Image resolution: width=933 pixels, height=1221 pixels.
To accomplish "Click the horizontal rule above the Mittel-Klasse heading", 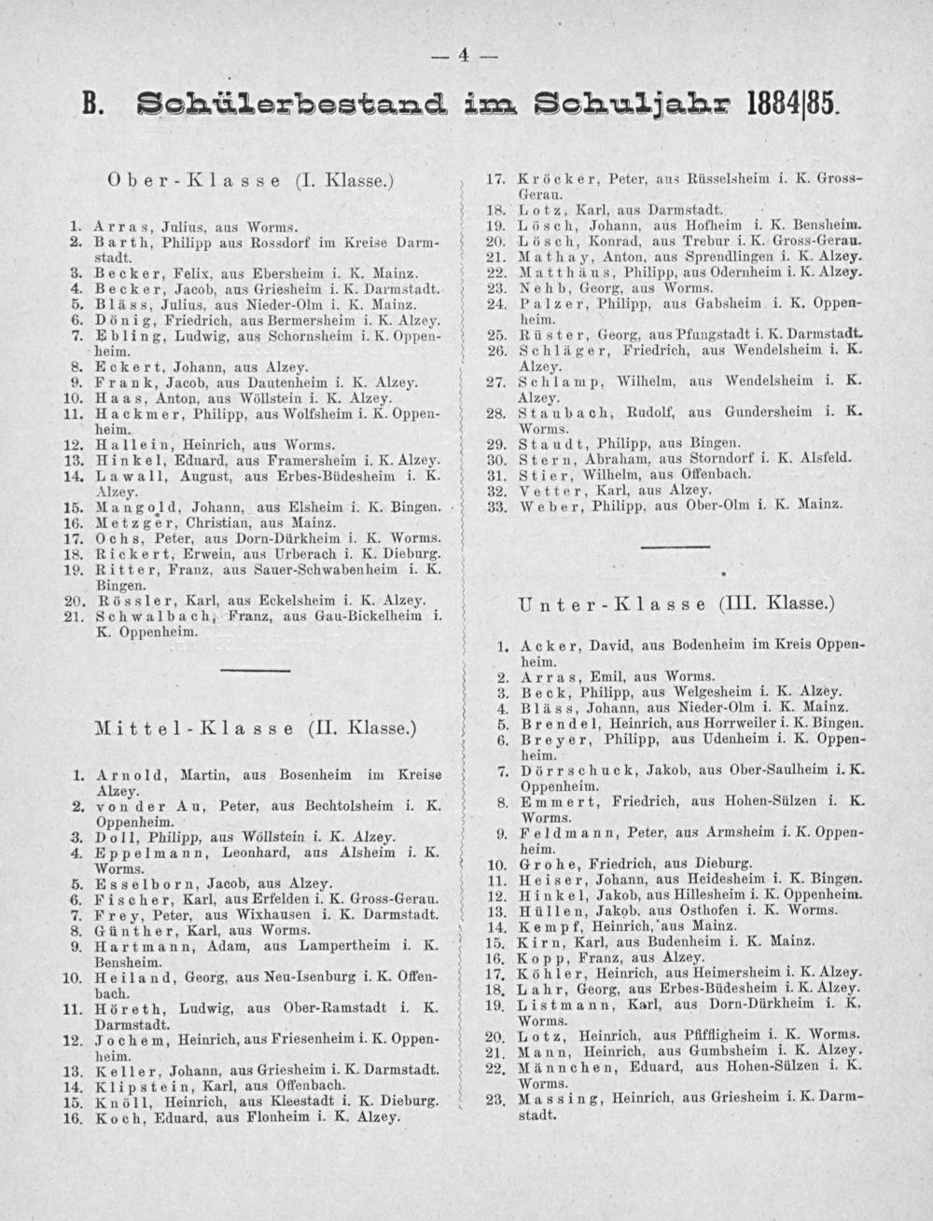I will (x=249, y=669).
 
